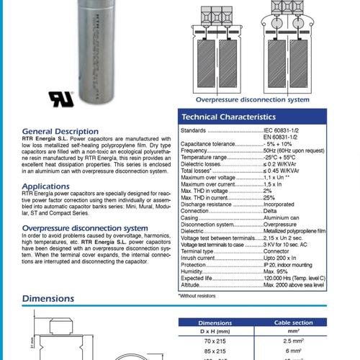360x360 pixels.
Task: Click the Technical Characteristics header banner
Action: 265,117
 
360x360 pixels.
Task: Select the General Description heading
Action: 60,131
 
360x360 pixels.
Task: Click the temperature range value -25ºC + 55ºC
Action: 287,157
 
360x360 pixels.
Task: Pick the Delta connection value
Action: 271,210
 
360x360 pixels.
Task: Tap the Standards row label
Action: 194,131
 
